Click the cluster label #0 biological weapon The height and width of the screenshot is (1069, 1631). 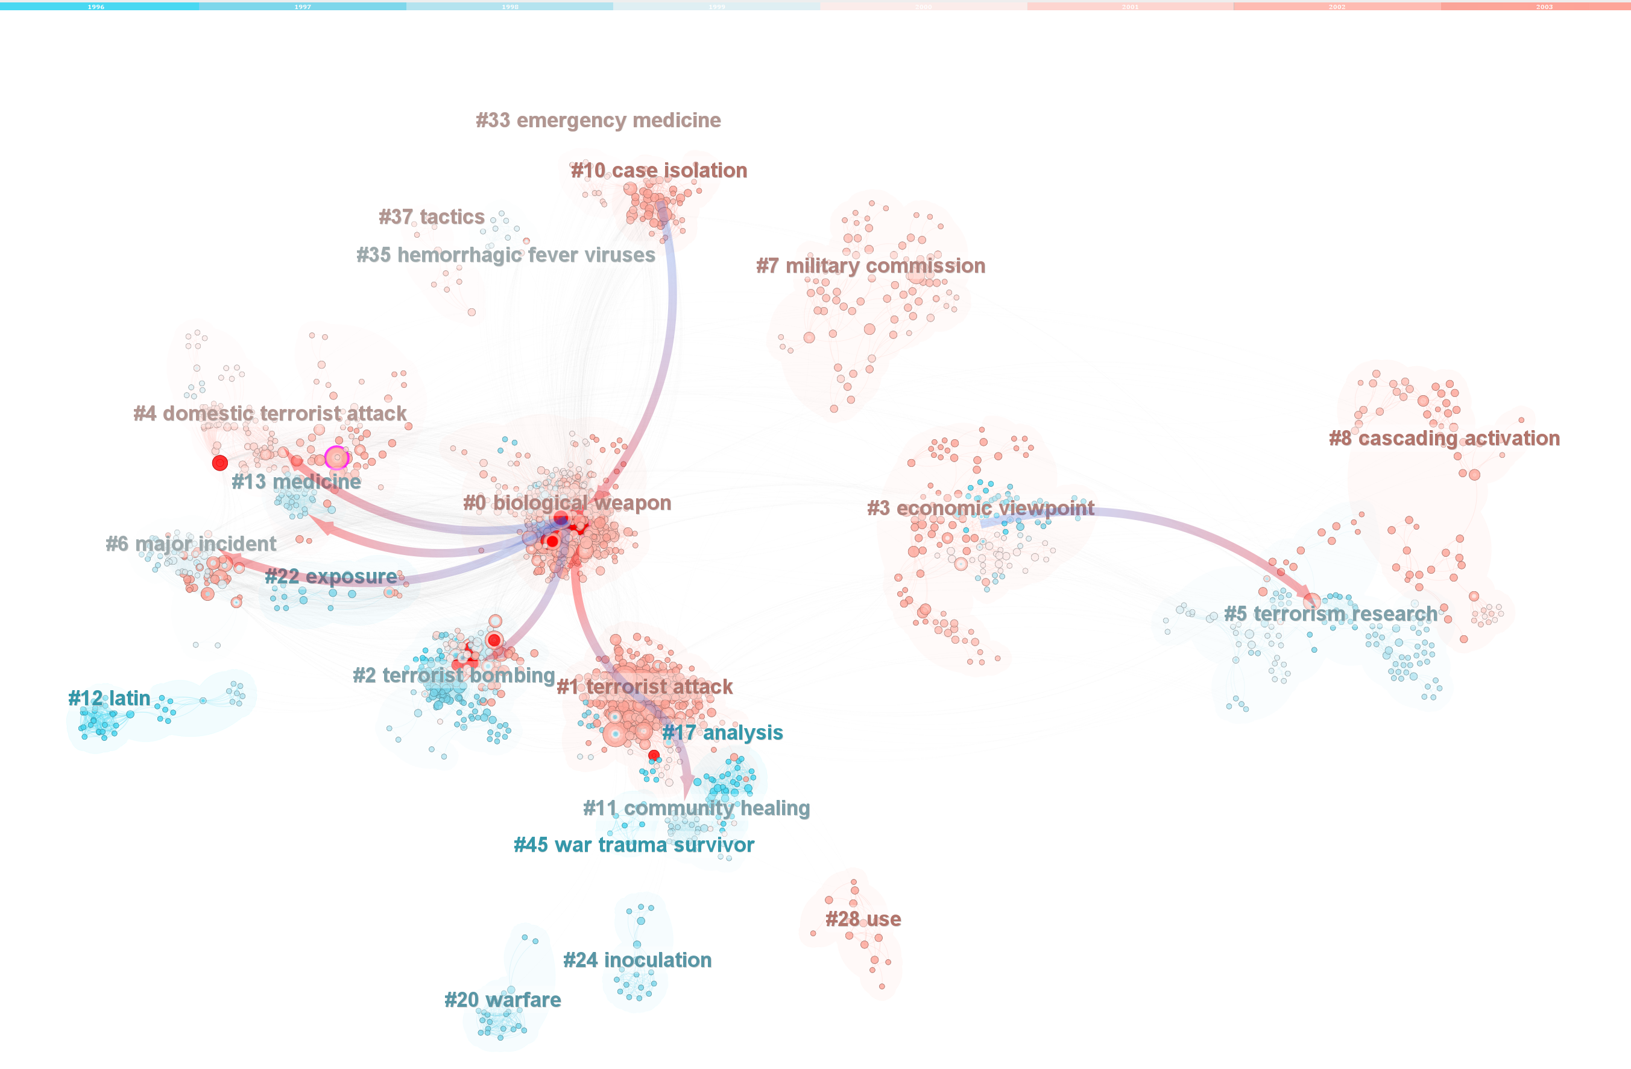coord(567,503)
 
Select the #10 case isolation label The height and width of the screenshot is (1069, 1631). coord(658,170)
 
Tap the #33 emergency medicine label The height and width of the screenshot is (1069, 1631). coord(598,120)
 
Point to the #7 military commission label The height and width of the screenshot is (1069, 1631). coord(870,265)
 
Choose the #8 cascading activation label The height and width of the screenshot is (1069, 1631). coord(1444,438)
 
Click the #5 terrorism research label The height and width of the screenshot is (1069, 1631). coord(1330,614)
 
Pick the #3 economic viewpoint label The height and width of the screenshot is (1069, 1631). coord(980,508)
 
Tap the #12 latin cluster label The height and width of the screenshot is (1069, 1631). coord(109,698)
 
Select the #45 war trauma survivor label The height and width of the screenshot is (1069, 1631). coord(634,845)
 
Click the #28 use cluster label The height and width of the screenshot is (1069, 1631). coord(863,919)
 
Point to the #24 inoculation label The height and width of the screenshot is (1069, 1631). coord(637,960)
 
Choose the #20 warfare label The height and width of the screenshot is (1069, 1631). coord(502,1000)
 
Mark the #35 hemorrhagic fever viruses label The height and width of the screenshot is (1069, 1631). coord(506,255)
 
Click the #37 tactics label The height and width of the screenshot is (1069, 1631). coord(432,217)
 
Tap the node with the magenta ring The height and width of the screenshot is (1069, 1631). coord(336,457)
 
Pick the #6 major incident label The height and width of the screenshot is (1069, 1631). coord(191,544)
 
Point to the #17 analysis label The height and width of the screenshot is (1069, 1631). coord(722,732)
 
